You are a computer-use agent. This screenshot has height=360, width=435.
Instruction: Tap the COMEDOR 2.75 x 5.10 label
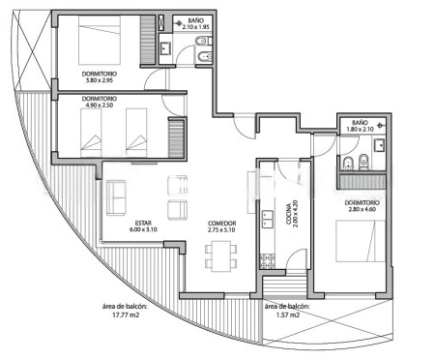(221, 226)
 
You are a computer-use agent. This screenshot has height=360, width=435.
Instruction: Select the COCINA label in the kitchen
(289, 213)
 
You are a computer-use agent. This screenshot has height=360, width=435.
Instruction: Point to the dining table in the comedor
(221, 256)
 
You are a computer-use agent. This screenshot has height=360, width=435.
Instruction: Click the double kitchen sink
(268, 220)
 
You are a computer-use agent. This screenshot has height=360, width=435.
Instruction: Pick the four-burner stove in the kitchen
(268, 261)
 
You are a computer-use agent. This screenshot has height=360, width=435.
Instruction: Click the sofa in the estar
(116, 197)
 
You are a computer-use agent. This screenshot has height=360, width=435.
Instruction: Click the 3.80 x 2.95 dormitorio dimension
(100, 80)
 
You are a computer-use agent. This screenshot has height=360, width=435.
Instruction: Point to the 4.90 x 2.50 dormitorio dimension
(100, 105)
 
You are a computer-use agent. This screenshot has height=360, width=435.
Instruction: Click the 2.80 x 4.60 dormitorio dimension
(362, 209)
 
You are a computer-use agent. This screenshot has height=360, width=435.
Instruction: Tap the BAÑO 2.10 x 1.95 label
(196, 24)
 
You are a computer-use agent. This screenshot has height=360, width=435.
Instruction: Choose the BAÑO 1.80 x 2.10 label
(360, 126)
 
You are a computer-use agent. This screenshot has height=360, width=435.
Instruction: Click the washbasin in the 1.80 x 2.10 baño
(379, 144)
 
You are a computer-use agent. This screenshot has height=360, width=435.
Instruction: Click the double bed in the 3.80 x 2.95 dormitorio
(100, 40)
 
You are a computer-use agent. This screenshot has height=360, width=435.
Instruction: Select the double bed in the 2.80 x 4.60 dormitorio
(361, 241)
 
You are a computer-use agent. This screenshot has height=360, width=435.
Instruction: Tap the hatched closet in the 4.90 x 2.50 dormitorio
(176, 138)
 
